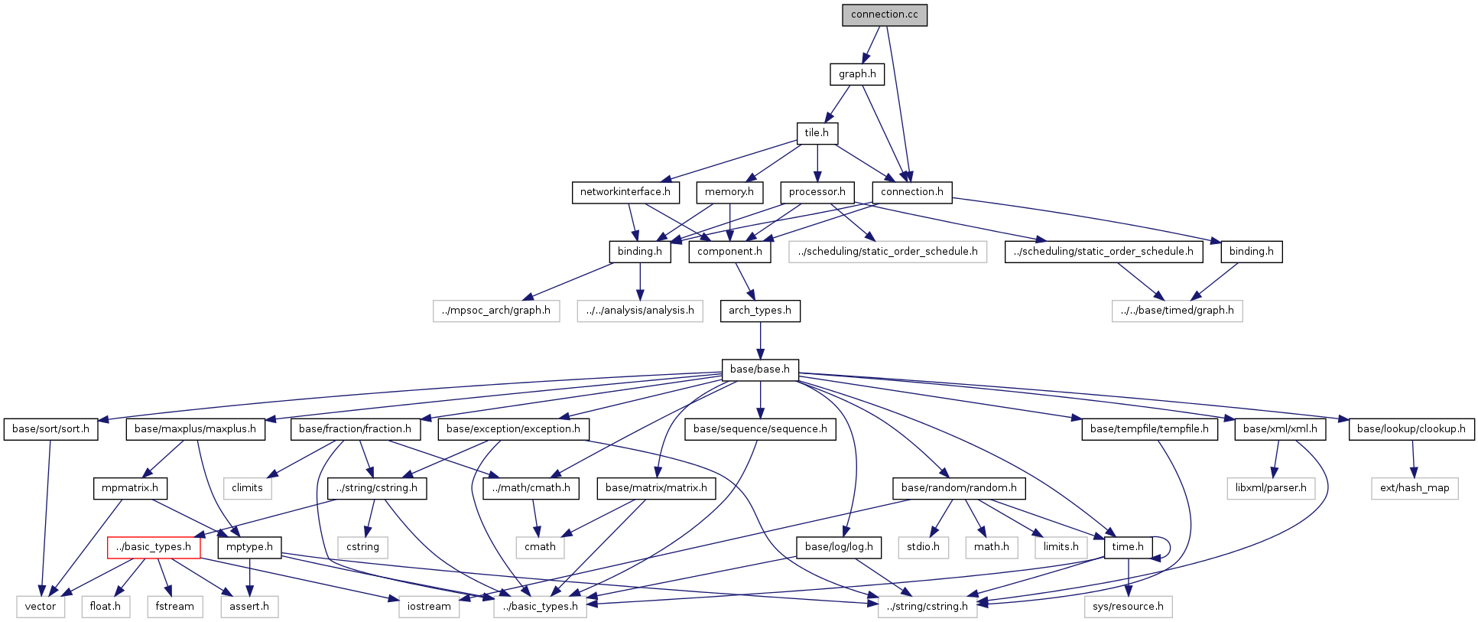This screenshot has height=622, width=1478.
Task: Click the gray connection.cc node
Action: coord(884,15)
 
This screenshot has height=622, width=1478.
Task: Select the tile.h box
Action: coord(817,133)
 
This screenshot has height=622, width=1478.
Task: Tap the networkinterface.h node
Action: coord(625,192)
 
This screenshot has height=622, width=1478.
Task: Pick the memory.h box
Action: coord(729,192)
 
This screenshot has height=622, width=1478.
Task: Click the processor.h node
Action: coord(817,192)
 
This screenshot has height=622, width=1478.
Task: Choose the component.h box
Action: coord(729,252)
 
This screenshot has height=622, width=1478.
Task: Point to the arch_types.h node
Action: coord(759,311)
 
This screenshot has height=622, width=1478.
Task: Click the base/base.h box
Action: coord(759,370)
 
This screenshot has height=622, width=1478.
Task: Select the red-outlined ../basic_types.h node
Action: coord(154,547)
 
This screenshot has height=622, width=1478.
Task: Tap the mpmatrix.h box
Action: coord(130,488)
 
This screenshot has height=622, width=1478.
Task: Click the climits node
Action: coord(247,488)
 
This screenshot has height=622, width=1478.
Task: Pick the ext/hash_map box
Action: coord(1415,488)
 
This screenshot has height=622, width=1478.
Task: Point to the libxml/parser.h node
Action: coord(1271,488)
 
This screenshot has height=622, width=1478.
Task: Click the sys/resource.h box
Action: coord(1128,607)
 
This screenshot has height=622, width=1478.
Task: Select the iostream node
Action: coord(429,607)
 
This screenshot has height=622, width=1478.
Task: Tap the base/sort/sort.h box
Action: coord(50,429)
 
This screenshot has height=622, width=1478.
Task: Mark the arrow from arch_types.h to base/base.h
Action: coord(760,340)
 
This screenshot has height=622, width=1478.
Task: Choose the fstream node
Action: coord(174,607)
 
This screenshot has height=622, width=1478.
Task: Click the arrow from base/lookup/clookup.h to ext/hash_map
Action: coord(1413,459)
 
